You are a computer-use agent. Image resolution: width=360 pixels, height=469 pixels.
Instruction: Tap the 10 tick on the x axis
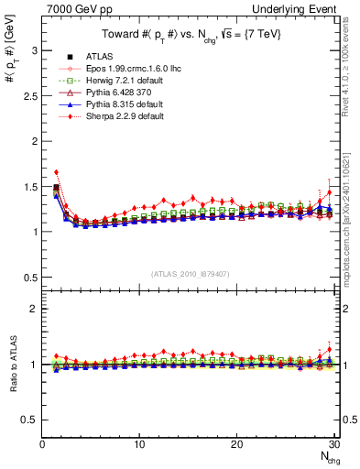tap(139, 444)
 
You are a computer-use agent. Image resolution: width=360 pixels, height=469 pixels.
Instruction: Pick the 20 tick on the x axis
tap(236, 444)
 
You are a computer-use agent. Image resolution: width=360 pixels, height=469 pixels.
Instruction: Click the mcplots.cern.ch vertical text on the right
tap(352, 192)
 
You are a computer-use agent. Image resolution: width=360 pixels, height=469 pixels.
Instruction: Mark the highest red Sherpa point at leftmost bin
tap(57, 171)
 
